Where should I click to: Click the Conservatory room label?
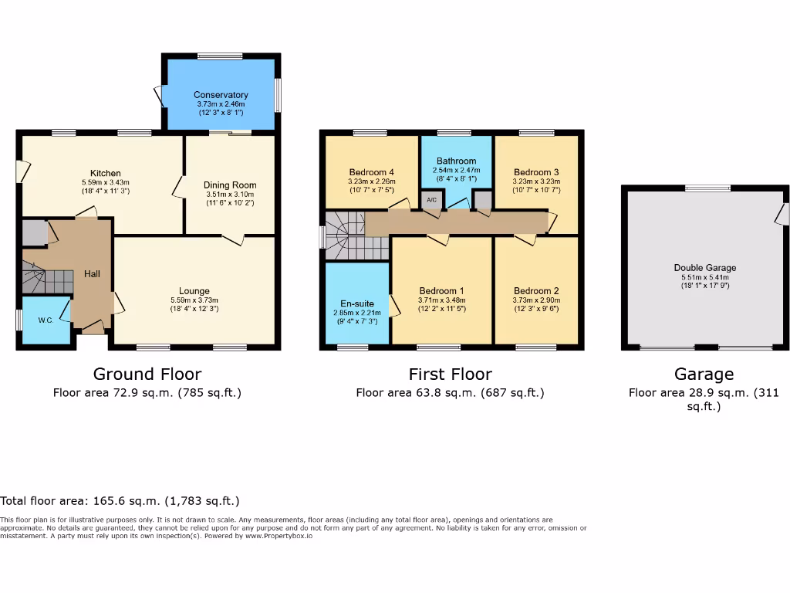tap(221, 95)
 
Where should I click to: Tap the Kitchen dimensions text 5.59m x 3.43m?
tap(106, 182)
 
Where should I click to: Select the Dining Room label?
tap(230, 185)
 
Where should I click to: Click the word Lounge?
tap(194, 290)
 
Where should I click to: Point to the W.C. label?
tap(45, 320)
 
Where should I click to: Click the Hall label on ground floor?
tap(92, 273)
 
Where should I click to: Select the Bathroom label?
tap(456, 161)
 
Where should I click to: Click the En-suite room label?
tap(356, 303)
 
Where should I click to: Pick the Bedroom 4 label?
tap(371, 172)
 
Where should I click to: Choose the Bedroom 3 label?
tap(536, 172)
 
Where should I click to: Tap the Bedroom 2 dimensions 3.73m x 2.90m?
tap(536, 300)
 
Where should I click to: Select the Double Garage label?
tap(704, 268)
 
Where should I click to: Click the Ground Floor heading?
tap(147, 374)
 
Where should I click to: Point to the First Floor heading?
tap(450, 374)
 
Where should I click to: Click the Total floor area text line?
tap(120, 501)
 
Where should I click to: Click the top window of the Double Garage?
tap(707, 188)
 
